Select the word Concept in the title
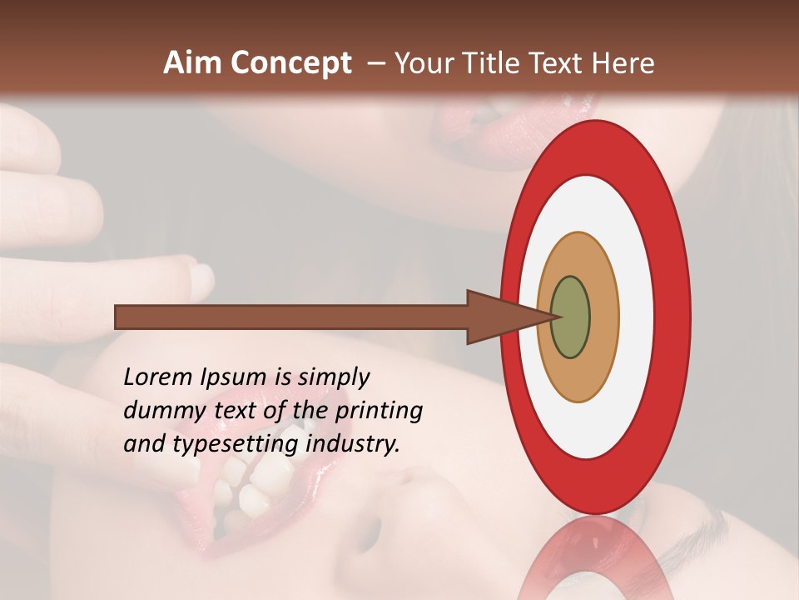290,63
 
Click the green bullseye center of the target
571,317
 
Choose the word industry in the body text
353,444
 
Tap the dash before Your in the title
376,64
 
